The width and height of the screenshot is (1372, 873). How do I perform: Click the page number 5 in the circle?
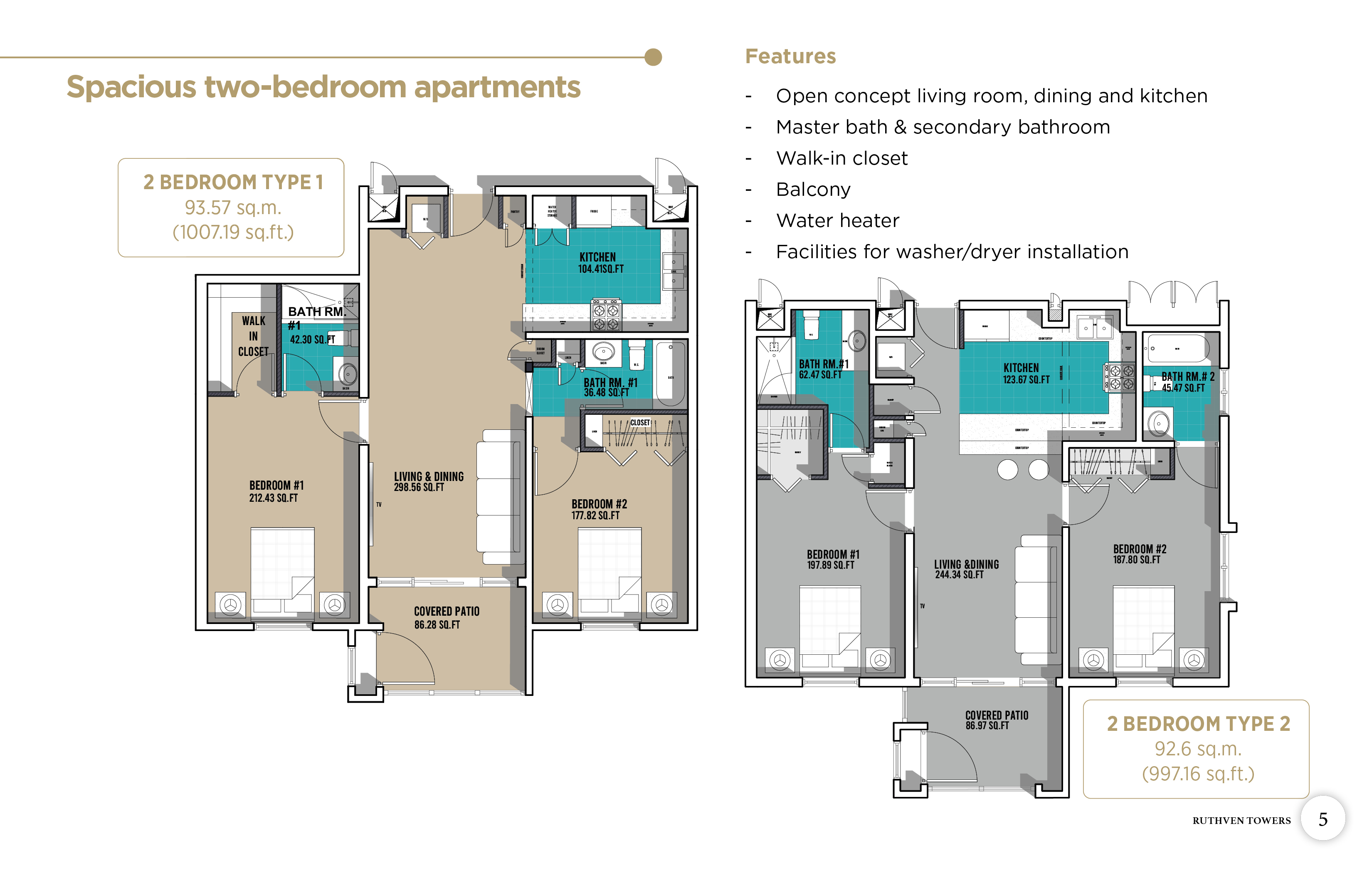click(1323, 819)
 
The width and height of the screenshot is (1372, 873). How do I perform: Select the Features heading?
click(790, 57)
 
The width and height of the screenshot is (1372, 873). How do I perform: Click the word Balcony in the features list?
click(813, 189)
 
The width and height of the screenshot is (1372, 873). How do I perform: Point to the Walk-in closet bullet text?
click(841, 158)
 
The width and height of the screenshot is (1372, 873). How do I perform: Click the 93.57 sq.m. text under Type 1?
click(233, 207)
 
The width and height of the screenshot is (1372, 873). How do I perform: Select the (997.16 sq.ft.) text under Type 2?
click(1198, 773)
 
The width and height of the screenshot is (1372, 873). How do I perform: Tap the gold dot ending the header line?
click(653, 57)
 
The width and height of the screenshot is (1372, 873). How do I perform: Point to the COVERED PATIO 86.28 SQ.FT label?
click(446, 618)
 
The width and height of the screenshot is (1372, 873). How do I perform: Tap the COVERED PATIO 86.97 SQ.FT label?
click(996, 720)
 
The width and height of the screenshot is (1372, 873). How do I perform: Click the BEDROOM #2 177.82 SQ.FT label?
click(598, 509)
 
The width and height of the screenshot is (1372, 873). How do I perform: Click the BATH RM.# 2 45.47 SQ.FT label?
click(1187, 382)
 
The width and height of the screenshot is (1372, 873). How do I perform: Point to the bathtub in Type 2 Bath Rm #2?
click(1178, 348)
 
